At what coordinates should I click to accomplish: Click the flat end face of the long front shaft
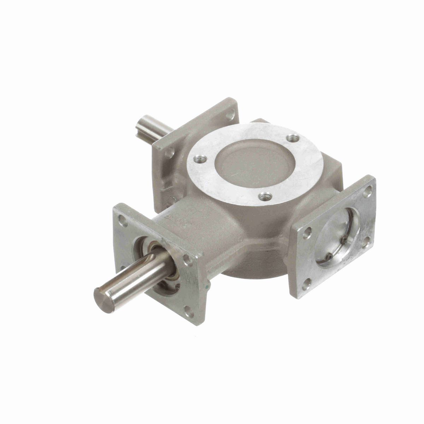pyautogui.click(x=104, y=300)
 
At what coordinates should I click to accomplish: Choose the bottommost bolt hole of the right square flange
pyautogui.click(x=307, y=283)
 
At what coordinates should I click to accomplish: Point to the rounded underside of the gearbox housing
pyautogui.click(x=254, y=265)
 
